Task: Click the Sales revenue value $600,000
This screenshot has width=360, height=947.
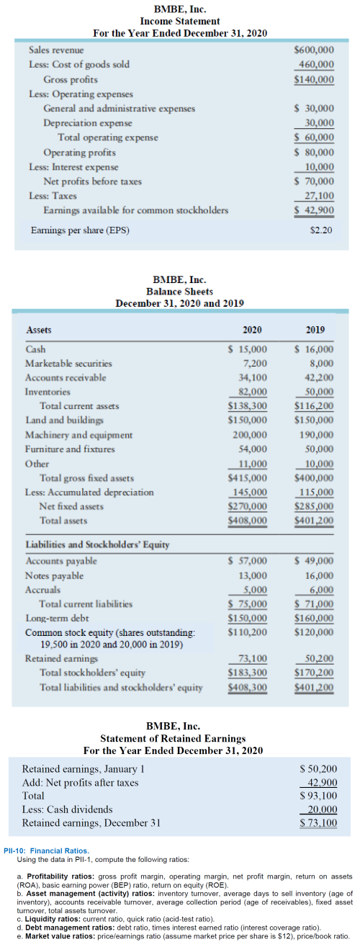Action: [x=314, y=50]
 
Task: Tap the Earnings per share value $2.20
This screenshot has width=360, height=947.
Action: [x=320, y=231]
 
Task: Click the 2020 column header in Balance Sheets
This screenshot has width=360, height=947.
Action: [x=252, y=330]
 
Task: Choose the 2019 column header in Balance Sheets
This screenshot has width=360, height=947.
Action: [x=315, y=330]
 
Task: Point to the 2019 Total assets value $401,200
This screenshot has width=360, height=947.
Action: [x=314, y=519]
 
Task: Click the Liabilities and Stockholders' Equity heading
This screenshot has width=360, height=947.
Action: [x=97, y=544]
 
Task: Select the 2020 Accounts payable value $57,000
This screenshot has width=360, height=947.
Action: [x=248, y=560]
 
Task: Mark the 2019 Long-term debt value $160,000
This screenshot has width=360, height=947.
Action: [x=314, y=618]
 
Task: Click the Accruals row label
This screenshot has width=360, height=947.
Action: [x=42, y=589]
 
